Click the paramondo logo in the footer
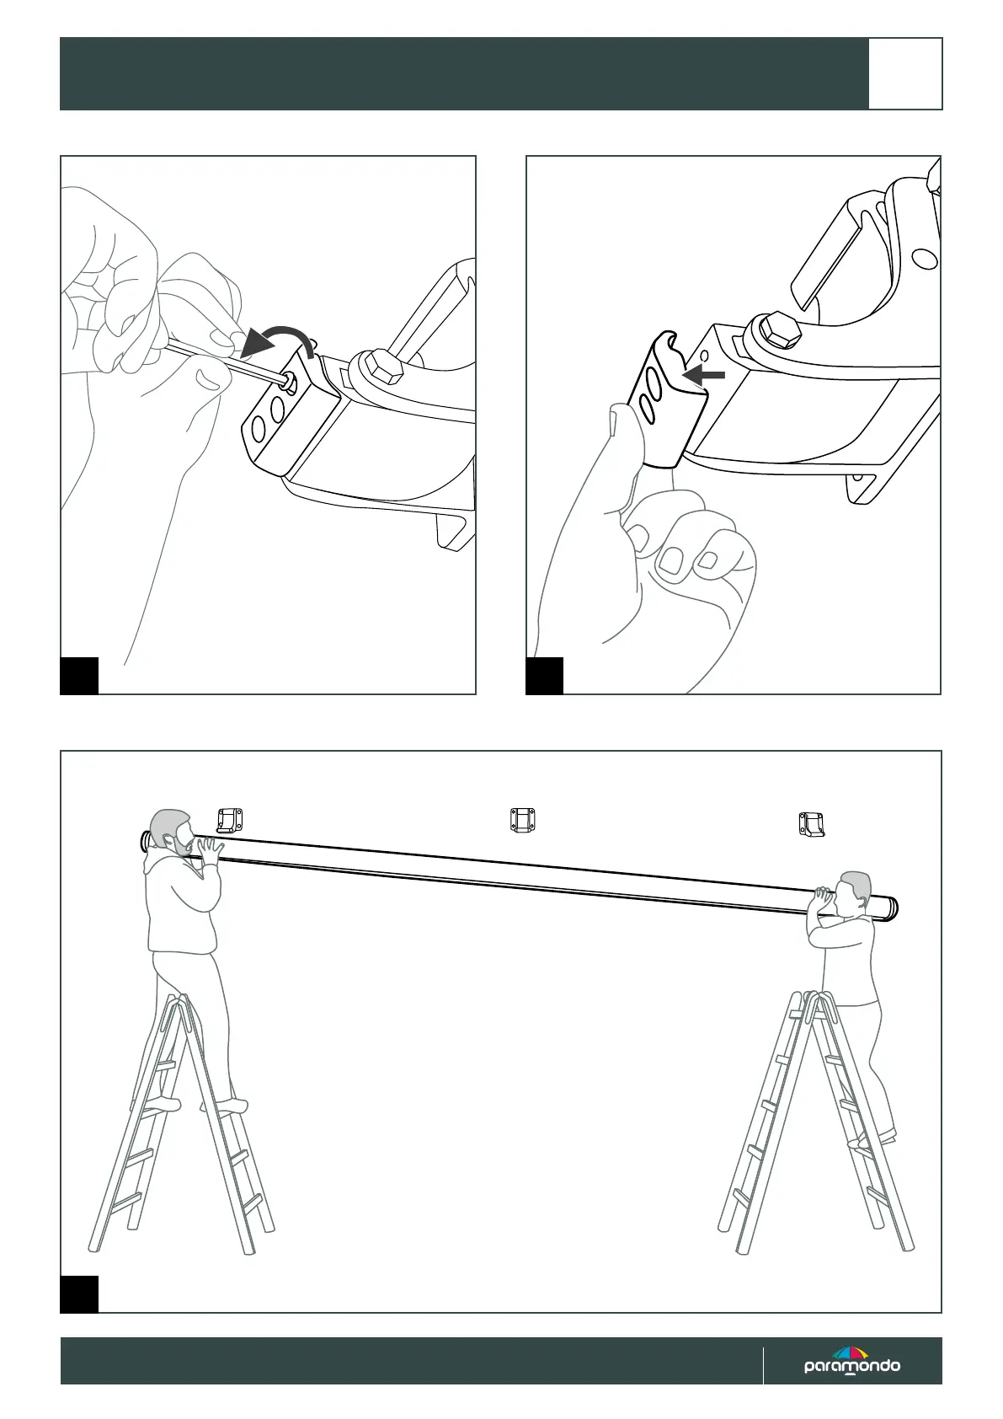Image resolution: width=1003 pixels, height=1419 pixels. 851,1363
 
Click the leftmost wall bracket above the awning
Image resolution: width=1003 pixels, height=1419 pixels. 230,818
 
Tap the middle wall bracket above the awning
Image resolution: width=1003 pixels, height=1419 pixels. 523,819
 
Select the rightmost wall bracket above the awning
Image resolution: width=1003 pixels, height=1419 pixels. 811,823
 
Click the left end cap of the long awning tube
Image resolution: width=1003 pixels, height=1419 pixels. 144,840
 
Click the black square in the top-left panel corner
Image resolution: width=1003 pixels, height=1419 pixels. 79,676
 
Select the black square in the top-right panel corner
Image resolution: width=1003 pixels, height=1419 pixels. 544,676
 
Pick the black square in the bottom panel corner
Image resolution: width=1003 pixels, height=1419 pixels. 79,1294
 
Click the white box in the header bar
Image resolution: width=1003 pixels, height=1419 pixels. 905,74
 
